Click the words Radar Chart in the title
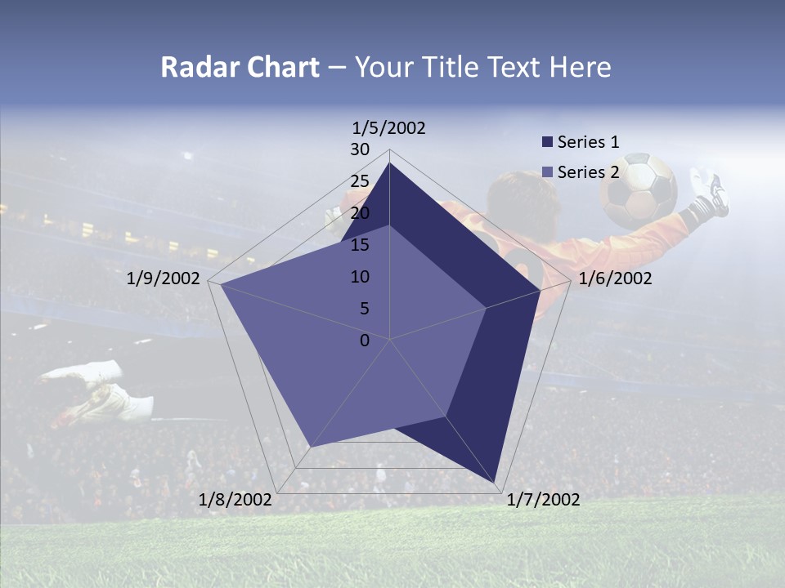[240, 67]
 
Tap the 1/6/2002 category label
[615, 278]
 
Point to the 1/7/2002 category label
[543, 500]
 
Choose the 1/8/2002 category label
[235, 500]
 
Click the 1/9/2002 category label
[164, 278]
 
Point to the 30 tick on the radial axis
[360, 149]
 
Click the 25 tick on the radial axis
[360, 181]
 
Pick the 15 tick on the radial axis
[360, 245]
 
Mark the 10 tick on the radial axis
[360, 277]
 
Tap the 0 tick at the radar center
[365, 341]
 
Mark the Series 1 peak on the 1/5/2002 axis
[390, 163]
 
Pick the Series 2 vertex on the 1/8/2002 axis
[312, 447]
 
